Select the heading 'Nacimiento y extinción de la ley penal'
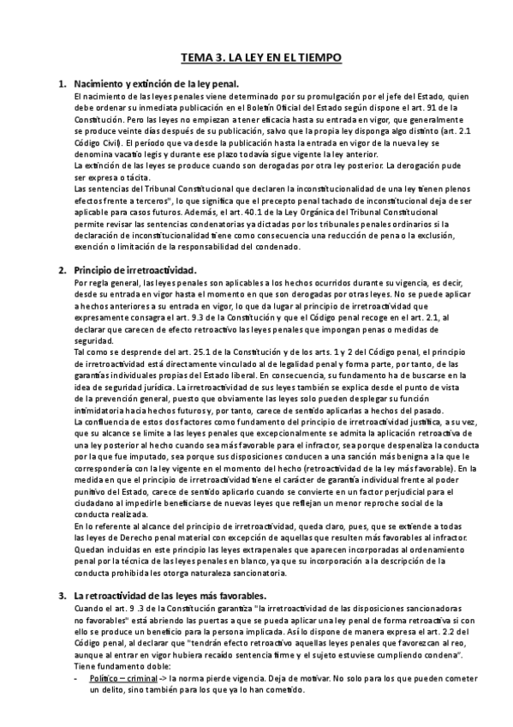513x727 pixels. [x=156, y=84]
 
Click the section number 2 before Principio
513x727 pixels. [x=61, y=269]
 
